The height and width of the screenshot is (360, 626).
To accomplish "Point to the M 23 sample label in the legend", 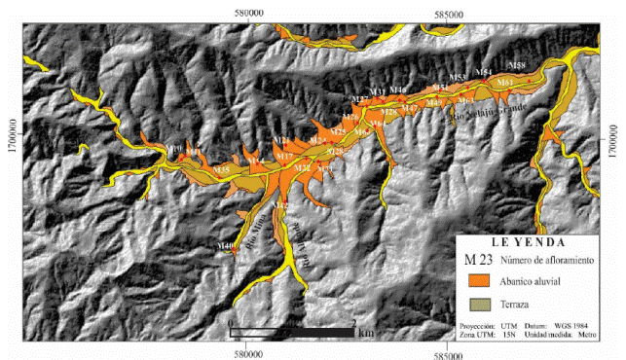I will coord(477,260).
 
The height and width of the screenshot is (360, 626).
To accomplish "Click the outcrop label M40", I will coord(226,247).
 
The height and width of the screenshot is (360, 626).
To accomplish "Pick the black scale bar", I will coord(292,333).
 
